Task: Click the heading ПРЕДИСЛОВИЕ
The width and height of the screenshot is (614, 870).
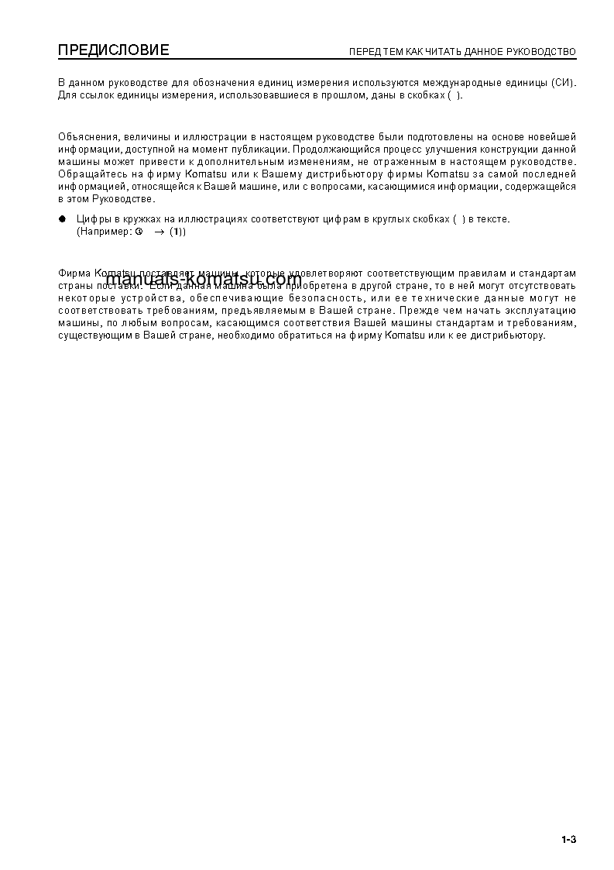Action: (x=113, y=51)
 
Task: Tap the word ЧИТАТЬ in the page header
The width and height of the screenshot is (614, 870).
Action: (x=441, y=53)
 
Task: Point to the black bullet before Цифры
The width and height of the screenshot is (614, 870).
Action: (x=63, y=219)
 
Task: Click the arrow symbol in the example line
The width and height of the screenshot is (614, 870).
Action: (x=159, y=232)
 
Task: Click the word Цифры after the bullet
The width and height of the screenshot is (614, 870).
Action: (x=92, y=219)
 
